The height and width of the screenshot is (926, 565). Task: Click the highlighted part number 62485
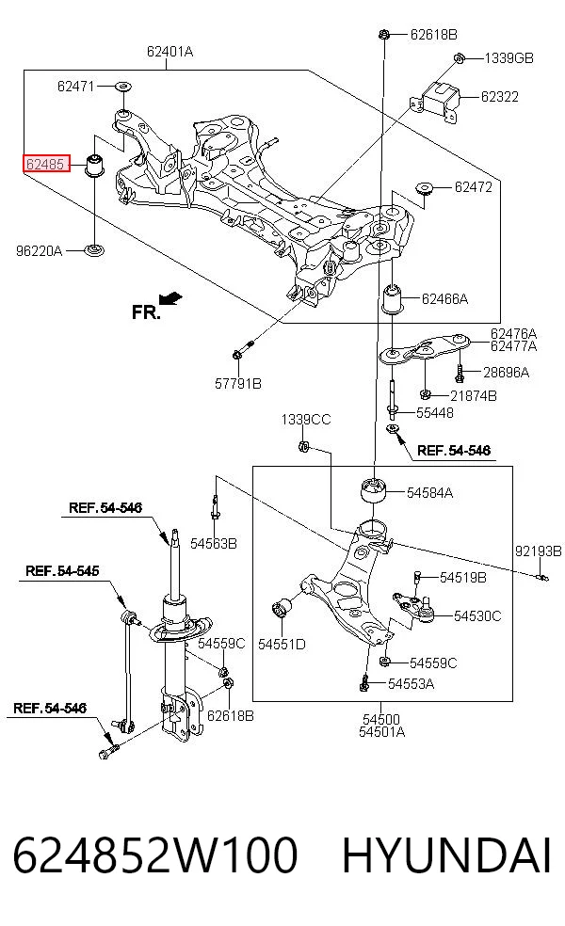(45, 164)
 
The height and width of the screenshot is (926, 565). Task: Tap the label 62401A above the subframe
(169, 52)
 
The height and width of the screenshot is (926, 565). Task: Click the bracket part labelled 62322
(439, 101)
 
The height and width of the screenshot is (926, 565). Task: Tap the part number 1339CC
(305, 420)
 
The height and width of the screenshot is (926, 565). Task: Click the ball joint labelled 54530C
(416, 608)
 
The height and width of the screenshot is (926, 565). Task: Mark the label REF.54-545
(62, 571)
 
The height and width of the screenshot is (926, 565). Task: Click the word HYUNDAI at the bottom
(446, 855)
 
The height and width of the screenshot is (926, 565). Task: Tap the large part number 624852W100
(154, 855)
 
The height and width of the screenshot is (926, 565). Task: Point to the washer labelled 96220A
(94, 249)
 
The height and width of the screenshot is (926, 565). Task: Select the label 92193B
(538, 551)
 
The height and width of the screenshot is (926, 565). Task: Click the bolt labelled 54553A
(364, 682)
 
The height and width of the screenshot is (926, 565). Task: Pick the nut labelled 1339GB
(459, 58)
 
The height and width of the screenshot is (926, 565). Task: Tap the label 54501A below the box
(381, 732)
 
